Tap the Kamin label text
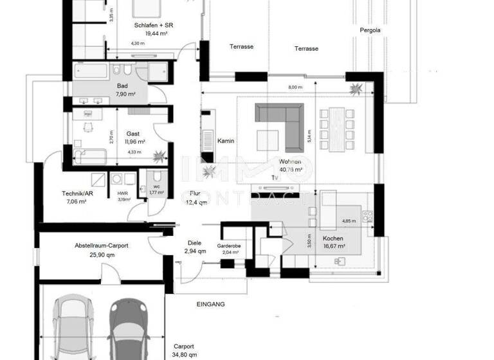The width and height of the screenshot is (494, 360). (x=225, y=141)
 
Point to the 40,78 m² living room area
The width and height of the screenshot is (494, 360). (x=292, y=170)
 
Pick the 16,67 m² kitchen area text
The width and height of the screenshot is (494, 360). (x=334, y=246)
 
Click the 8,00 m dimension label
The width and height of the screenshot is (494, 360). (x=295, y=87)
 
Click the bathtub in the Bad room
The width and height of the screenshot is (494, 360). (x=91, y=71)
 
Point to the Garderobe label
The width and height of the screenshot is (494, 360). (x=229, y=246)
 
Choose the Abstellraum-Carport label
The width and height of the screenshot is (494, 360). (x=105, y=246)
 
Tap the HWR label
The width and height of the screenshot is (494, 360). (x=123, y=193)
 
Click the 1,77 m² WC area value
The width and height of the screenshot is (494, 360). (x=156, y=192)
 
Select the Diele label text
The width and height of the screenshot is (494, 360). (x=194, y=243)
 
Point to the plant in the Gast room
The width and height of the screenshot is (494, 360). (x=160, y=155)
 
